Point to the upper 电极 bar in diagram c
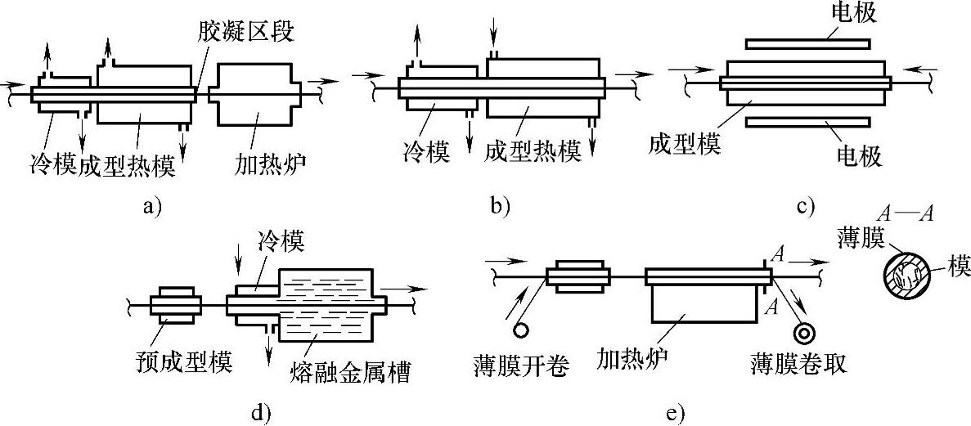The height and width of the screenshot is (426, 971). point(807,44)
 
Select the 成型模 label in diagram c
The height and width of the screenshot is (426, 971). point(685,146)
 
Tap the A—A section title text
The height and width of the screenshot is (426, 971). point(906,215)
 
